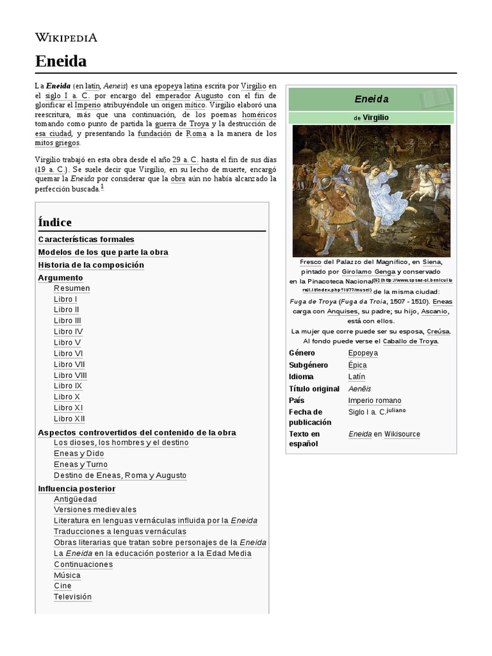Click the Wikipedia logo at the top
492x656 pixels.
(66, 38)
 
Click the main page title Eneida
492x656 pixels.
(61, 61)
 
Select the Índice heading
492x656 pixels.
(55, 222)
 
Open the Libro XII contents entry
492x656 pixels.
(69, 418)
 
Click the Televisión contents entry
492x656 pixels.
(72, 596)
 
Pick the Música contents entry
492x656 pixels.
(67, 575)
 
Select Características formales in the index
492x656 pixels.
(86, 239)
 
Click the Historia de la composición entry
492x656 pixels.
(91, 265)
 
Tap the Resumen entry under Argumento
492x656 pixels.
(72, 288)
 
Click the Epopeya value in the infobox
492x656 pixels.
(363, 353)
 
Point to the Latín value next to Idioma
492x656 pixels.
(357, 377)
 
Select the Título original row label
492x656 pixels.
(314, 389)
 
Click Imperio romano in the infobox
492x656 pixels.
(374, 400)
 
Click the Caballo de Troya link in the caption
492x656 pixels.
(410, 341)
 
